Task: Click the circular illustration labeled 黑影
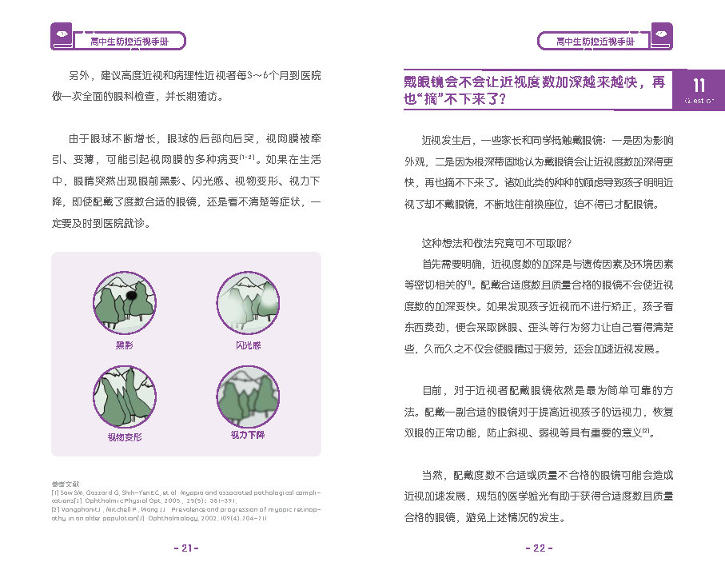(x=125, y=303)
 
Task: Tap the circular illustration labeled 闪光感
(x=248, y=303)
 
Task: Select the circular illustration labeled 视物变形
(x=125, y=396)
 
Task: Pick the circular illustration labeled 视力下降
(x=248, y=396)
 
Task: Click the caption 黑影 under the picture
(x=124, y=345)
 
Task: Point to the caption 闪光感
(x=248, y=345)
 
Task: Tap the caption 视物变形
(x=124, y=437)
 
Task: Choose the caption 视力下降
(x=248, y=436)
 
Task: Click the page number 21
(x=185, y=548)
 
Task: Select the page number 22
(x=538, y=548)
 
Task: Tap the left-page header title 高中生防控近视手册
(x=128, y=41)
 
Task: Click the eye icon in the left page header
(x=61, y=35)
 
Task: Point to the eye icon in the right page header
(x=662, y=35)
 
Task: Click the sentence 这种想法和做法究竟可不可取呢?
(x=496, y=244)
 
